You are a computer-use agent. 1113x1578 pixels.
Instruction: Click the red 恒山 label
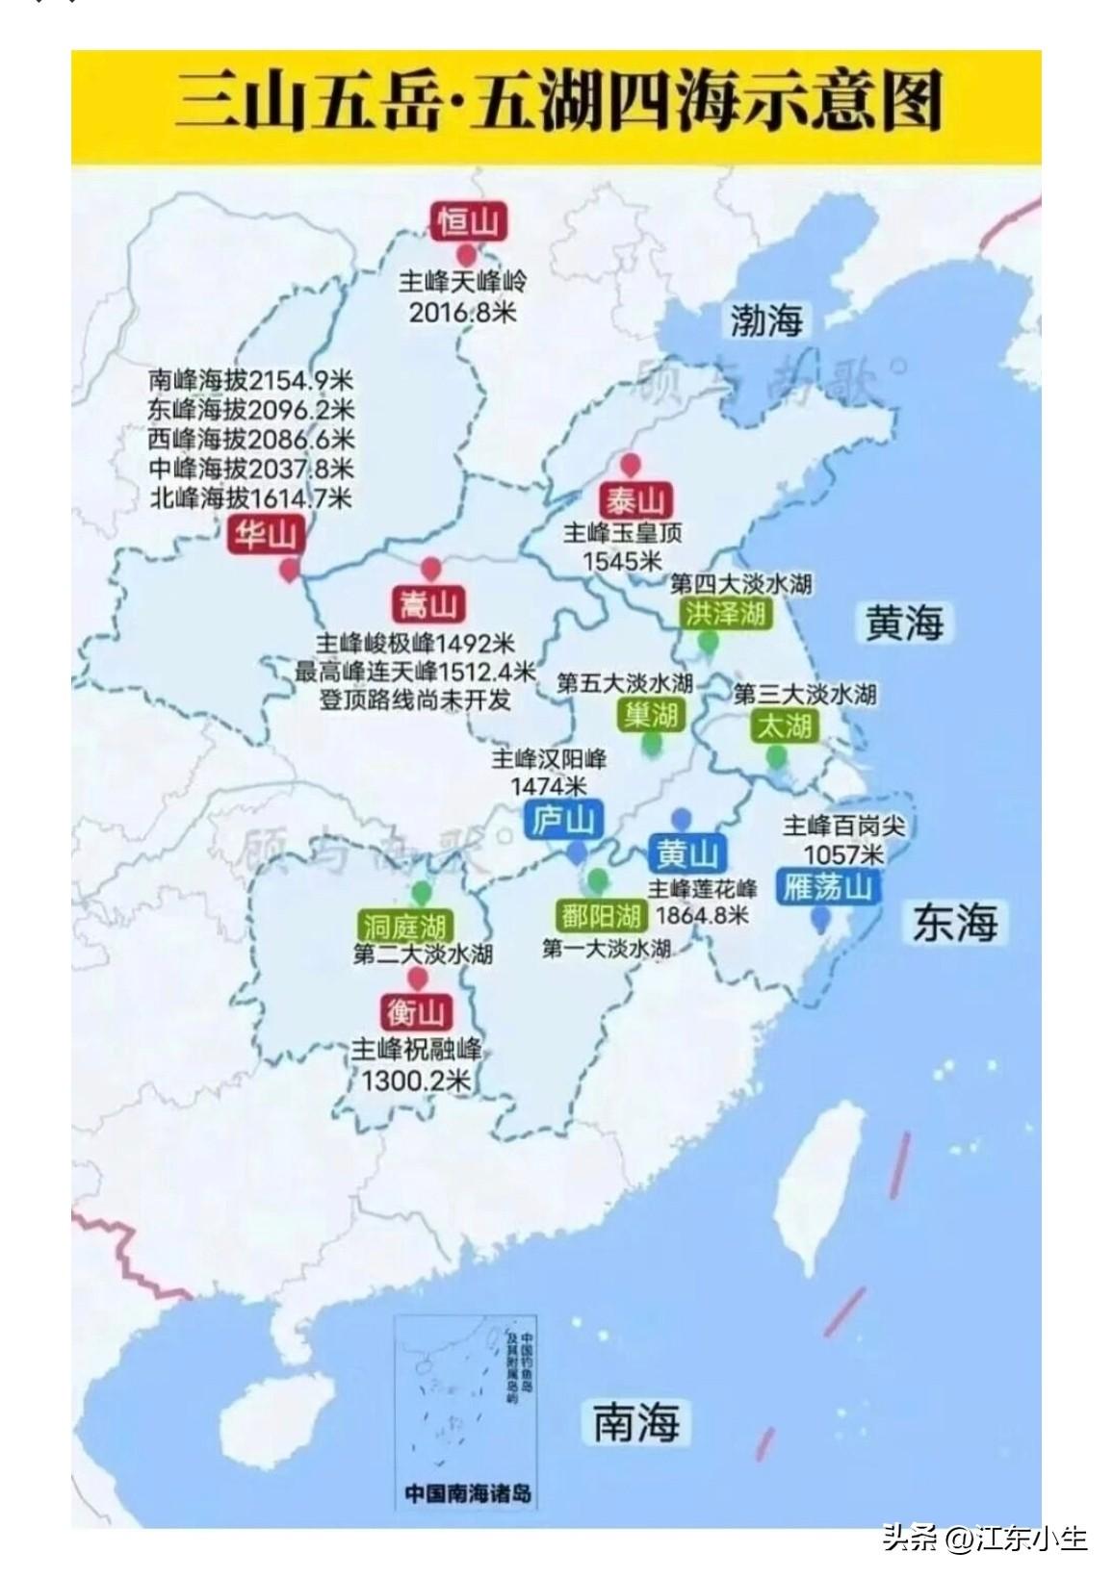[x=468, y=222]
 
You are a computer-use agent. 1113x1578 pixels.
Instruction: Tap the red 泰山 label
[x=634, y=500]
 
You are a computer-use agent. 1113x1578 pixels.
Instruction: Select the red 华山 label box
[x=265, y=534]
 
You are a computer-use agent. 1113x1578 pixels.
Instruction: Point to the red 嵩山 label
[x=428, y=605]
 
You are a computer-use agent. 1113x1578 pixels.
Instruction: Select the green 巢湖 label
[x=651, y=714]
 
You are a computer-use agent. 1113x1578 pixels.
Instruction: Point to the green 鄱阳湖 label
[x=601, y=915]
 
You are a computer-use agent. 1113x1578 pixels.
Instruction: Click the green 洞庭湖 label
[x=404, y=926]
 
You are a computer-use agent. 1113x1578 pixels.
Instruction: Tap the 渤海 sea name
[x=765, y=319]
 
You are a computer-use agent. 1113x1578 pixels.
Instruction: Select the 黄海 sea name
[x=903, y=623]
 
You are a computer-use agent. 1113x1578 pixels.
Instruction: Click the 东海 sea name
[x=955, y=923]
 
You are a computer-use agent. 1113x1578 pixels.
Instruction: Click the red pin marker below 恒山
[x=467, y=255]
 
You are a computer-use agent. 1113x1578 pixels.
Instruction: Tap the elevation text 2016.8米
[x=462, y=312]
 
